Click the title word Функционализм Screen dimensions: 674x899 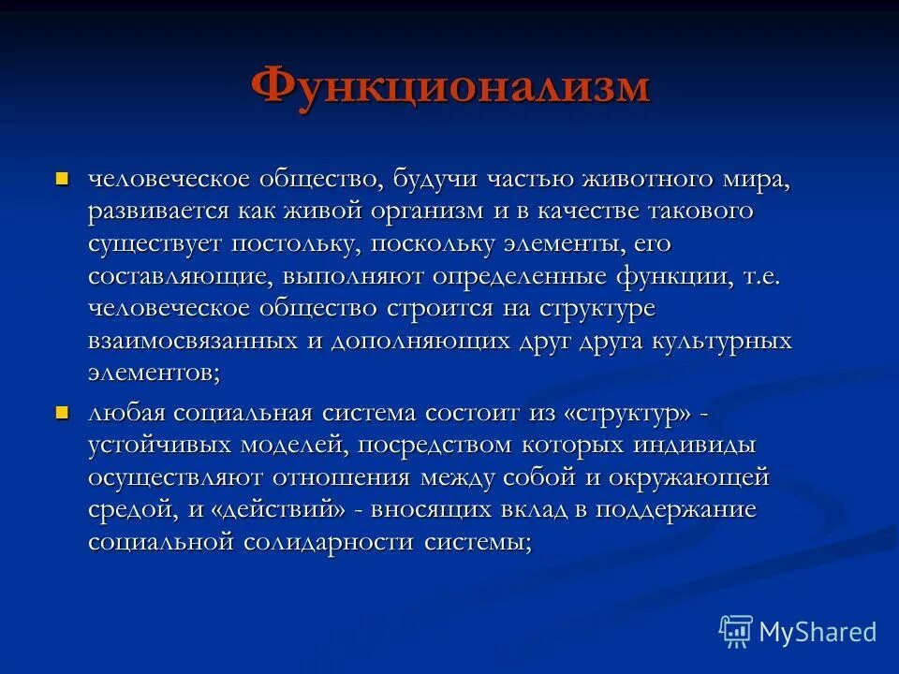(x=449, y=86)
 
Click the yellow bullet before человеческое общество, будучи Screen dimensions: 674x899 (x=63, y=177)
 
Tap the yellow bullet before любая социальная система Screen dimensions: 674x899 (x=63, y=413)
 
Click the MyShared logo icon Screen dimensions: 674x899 (x=736, y=632)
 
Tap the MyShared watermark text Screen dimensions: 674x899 (x=818, y=632)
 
